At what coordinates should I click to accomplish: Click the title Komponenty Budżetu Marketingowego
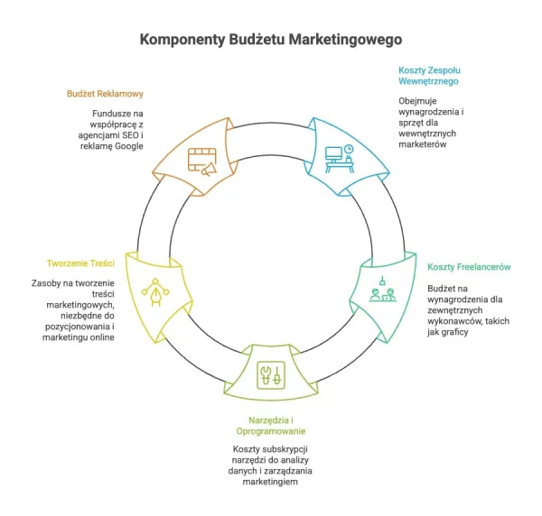[x=271, y=40]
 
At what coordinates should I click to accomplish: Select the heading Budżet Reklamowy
[x=105, y=94]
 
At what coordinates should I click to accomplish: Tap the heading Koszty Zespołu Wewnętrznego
[x=429, y=76]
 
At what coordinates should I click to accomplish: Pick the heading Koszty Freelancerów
[x=469, y=267]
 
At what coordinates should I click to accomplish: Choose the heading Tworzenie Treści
[x=80, y=263]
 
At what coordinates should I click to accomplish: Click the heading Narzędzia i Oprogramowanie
[x=271, y=426]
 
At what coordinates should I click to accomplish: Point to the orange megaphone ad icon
[x=202, y=161]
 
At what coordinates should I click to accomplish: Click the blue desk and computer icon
[x=340, y=159]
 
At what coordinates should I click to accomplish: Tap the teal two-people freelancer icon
[x=383, y=290]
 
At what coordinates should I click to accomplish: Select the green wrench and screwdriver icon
[x=271, y=375]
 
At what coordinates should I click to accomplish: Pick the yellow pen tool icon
[x=155, y=292]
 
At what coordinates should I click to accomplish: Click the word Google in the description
[x=129, y=146]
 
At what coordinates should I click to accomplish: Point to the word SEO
[x=130, y=135]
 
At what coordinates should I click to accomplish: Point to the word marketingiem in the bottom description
[x=270, y=482]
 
